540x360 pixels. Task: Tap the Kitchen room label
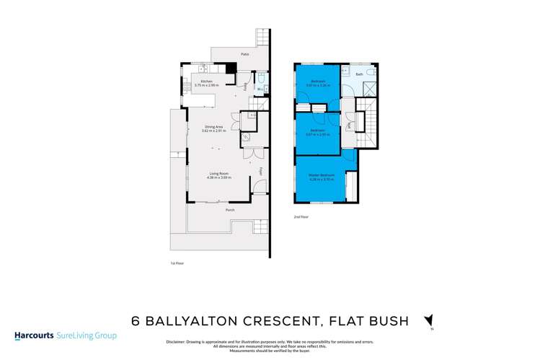[206, 82]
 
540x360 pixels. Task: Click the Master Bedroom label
[321, 175]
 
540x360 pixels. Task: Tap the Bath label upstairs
[359, 74]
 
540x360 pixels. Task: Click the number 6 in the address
[135, 320]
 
